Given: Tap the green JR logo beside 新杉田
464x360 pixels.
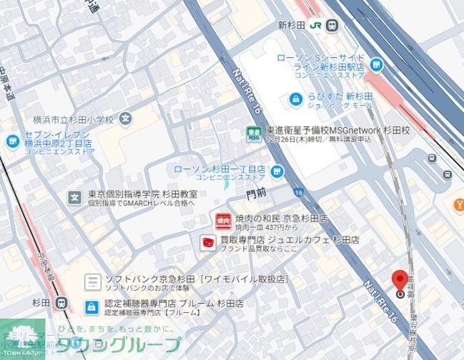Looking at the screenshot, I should click(x=315, y=25).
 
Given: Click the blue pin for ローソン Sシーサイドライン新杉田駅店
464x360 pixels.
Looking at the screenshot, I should click(x=376, y=66).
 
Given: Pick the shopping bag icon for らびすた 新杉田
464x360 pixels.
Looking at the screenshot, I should click(x=295, y=99).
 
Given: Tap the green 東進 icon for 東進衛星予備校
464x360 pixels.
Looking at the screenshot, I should click(x=253, y=134).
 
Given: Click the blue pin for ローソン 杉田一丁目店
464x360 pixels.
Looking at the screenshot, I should click(x=277, y=171).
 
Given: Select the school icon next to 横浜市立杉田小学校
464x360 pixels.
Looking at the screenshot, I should click(x=126, y=119).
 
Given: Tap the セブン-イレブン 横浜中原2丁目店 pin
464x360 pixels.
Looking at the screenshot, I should click(x=11, y=141).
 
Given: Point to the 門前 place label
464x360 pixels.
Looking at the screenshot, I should click(x=256, y=193).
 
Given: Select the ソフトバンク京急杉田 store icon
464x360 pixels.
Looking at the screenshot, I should click(x=92, y=282).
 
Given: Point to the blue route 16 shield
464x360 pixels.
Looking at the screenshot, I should click(x=297, y=192).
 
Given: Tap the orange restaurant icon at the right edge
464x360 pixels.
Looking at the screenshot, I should click(x=459, y=206).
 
